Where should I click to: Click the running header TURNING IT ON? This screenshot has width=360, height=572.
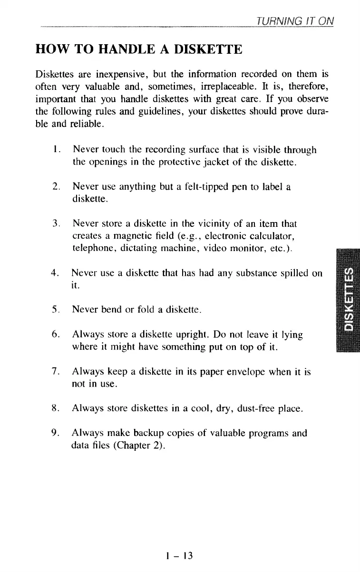click(x=295, y=21)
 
